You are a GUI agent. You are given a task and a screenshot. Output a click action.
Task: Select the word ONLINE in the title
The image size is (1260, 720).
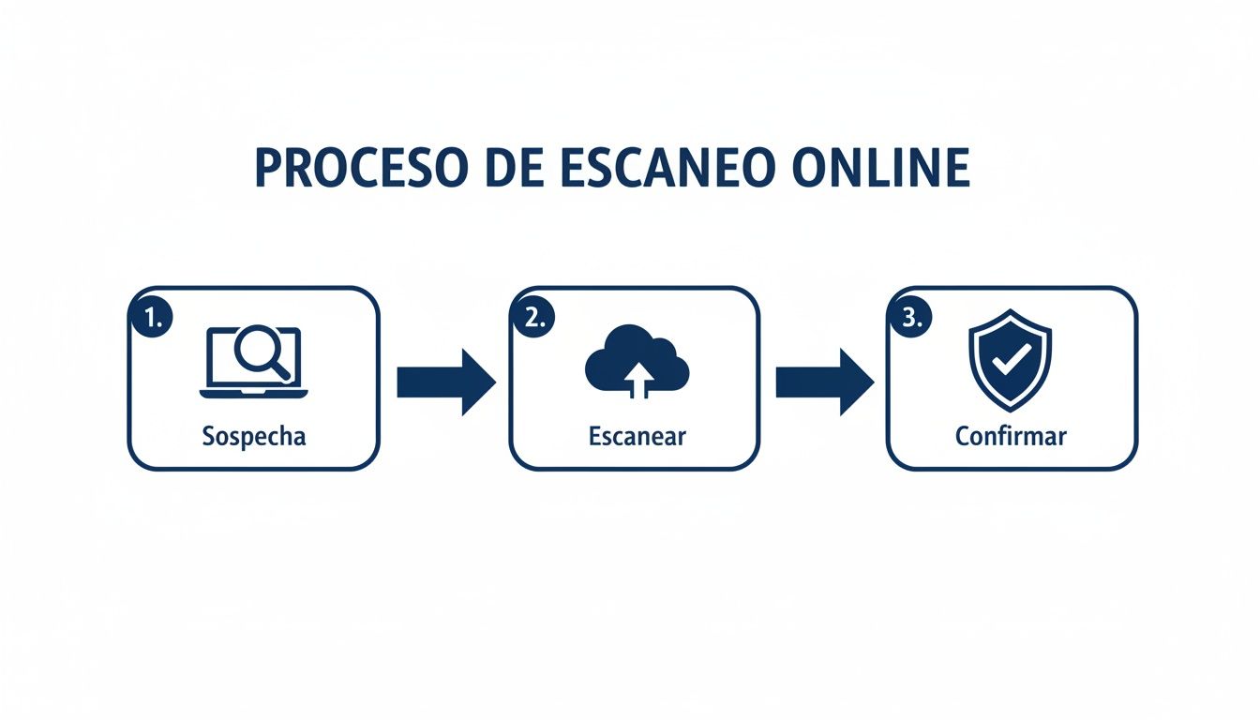click(x=880, y=169)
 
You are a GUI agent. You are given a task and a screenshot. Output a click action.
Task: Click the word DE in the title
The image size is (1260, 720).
click(x=512, y=169)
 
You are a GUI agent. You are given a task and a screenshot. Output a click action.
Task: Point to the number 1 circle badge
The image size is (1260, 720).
click(x=152, y=318)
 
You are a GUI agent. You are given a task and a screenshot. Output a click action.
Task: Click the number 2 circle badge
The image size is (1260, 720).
click(x=533, y=318)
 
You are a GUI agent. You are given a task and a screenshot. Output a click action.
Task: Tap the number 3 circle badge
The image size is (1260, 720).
click(x=909, y=318)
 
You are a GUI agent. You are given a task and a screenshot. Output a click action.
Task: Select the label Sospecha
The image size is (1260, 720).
click(x=254, y=436)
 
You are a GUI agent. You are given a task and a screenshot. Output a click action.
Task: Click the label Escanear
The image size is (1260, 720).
click(x=637, y=436)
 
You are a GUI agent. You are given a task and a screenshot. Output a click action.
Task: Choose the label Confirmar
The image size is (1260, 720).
click(x=1011, y=436)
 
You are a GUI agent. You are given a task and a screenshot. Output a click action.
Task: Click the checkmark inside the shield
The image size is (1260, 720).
click(x=1011, y=357)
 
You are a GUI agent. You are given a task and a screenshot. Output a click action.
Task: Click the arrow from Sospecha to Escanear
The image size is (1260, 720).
click(x=445, y=382)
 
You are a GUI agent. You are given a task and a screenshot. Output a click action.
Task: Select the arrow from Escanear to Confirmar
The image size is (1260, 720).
click(x=824, y=382)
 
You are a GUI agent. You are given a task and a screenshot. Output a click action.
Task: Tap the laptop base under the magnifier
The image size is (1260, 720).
click(x=254, y=392)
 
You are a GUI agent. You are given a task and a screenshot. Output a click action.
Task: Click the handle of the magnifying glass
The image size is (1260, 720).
click(x=279, y=369)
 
